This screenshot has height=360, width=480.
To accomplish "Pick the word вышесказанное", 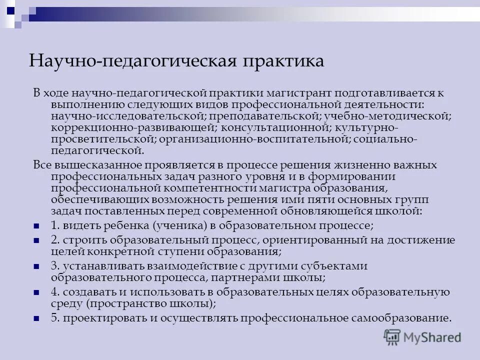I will (98, 165).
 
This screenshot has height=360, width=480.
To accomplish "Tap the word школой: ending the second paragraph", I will (399, 211).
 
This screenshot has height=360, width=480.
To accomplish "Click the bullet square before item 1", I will (36, 226).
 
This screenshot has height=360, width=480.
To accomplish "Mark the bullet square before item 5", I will (36, 318).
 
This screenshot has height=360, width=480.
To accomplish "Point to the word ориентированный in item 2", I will (310, 240).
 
